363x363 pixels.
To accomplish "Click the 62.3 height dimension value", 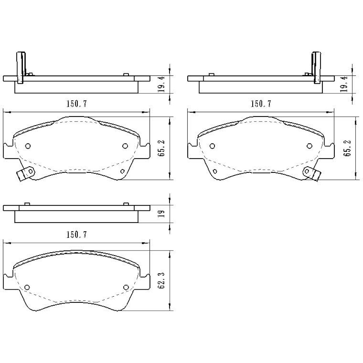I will pos(162,281).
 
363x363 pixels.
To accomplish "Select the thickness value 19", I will pos(162,213).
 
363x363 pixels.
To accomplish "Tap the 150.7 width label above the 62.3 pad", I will pos(77,235).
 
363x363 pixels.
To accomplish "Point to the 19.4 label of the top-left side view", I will pos(162,84).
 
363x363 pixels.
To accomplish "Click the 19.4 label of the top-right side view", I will pos(345,84).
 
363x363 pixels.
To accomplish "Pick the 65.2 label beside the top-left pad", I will pos(162,148).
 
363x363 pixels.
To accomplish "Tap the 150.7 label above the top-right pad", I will pos(261,104).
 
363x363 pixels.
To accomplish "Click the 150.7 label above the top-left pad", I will pos(77,104).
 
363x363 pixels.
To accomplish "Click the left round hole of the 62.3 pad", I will pos(27,287).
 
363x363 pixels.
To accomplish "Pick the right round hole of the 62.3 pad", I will pos(126,287).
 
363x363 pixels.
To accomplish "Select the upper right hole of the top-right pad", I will pos(309,146).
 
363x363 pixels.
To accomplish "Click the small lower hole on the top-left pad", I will pos(122,171).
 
